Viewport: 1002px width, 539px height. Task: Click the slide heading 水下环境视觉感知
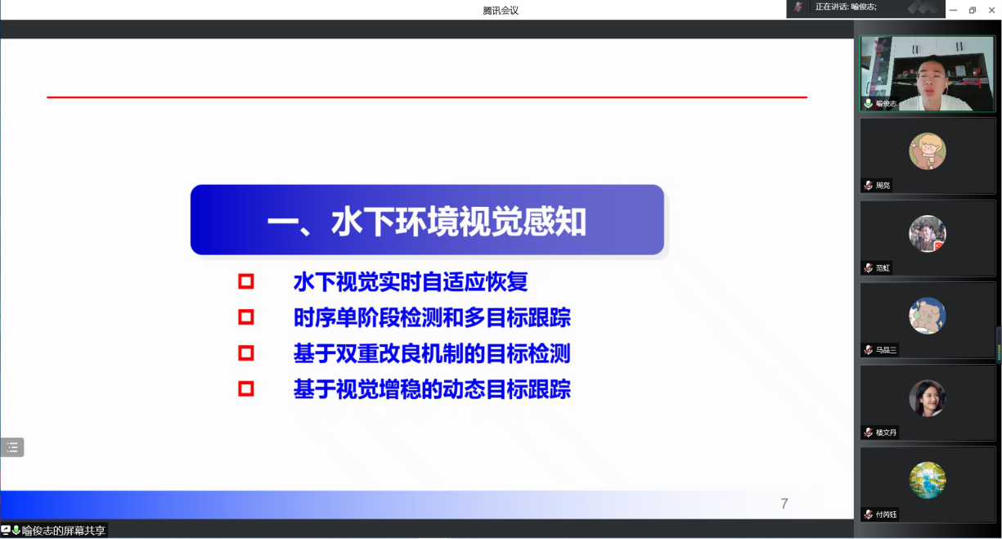point(427,221)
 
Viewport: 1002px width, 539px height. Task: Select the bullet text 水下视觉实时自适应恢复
point(411,282)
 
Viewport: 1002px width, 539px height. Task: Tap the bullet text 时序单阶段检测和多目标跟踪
point(432,317)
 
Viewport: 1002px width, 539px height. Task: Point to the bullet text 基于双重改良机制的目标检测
point(432,353)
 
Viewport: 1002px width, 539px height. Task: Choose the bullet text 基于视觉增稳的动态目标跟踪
point(432,389)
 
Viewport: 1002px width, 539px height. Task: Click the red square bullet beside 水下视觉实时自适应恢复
point(246,282)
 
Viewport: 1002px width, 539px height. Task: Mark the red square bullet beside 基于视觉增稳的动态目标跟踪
point(246,389)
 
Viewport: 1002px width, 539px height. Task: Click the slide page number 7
point(784,504)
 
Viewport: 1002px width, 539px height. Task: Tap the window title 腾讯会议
point(501,11)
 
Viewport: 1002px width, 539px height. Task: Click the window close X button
point(991,10)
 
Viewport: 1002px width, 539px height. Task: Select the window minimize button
point(953,10)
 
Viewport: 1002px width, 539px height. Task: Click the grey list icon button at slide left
point(12,447)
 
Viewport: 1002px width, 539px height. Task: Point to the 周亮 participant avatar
point(928,151)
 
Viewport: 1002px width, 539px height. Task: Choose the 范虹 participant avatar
point(928,233)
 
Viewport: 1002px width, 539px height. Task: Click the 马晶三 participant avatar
point(928,316)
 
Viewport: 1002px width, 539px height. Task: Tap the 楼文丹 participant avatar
point(928,398)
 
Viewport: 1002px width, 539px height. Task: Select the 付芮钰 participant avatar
point(928,480)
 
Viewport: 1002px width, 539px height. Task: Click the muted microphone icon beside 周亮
point(868,185)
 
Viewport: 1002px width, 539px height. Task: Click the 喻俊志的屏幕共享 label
point(63,531)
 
